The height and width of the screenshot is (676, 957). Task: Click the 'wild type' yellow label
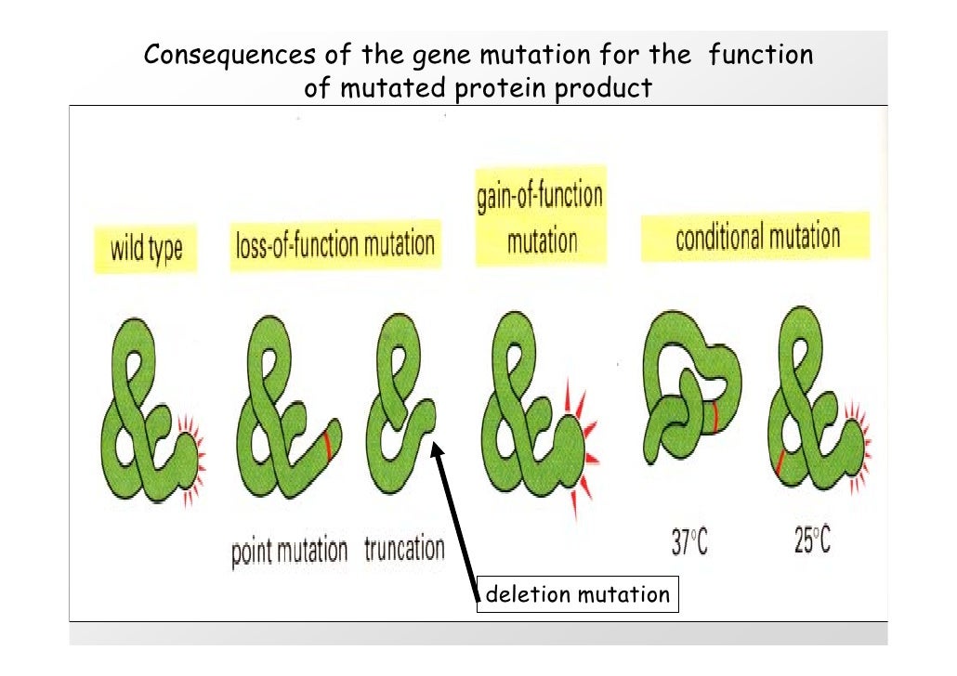147,249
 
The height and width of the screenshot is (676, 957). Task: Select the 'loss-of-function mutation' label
334,244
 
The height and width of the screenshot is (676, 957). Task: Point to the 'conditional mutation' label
756,237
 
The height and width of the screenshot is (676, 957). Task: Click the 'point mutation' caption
289,551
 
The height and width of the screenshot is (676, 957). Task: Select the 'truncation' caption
404,549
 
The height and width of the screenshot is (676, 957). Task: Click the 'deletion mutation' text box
577,594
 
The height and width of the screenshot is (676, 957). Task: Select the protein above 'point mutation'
283,418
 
